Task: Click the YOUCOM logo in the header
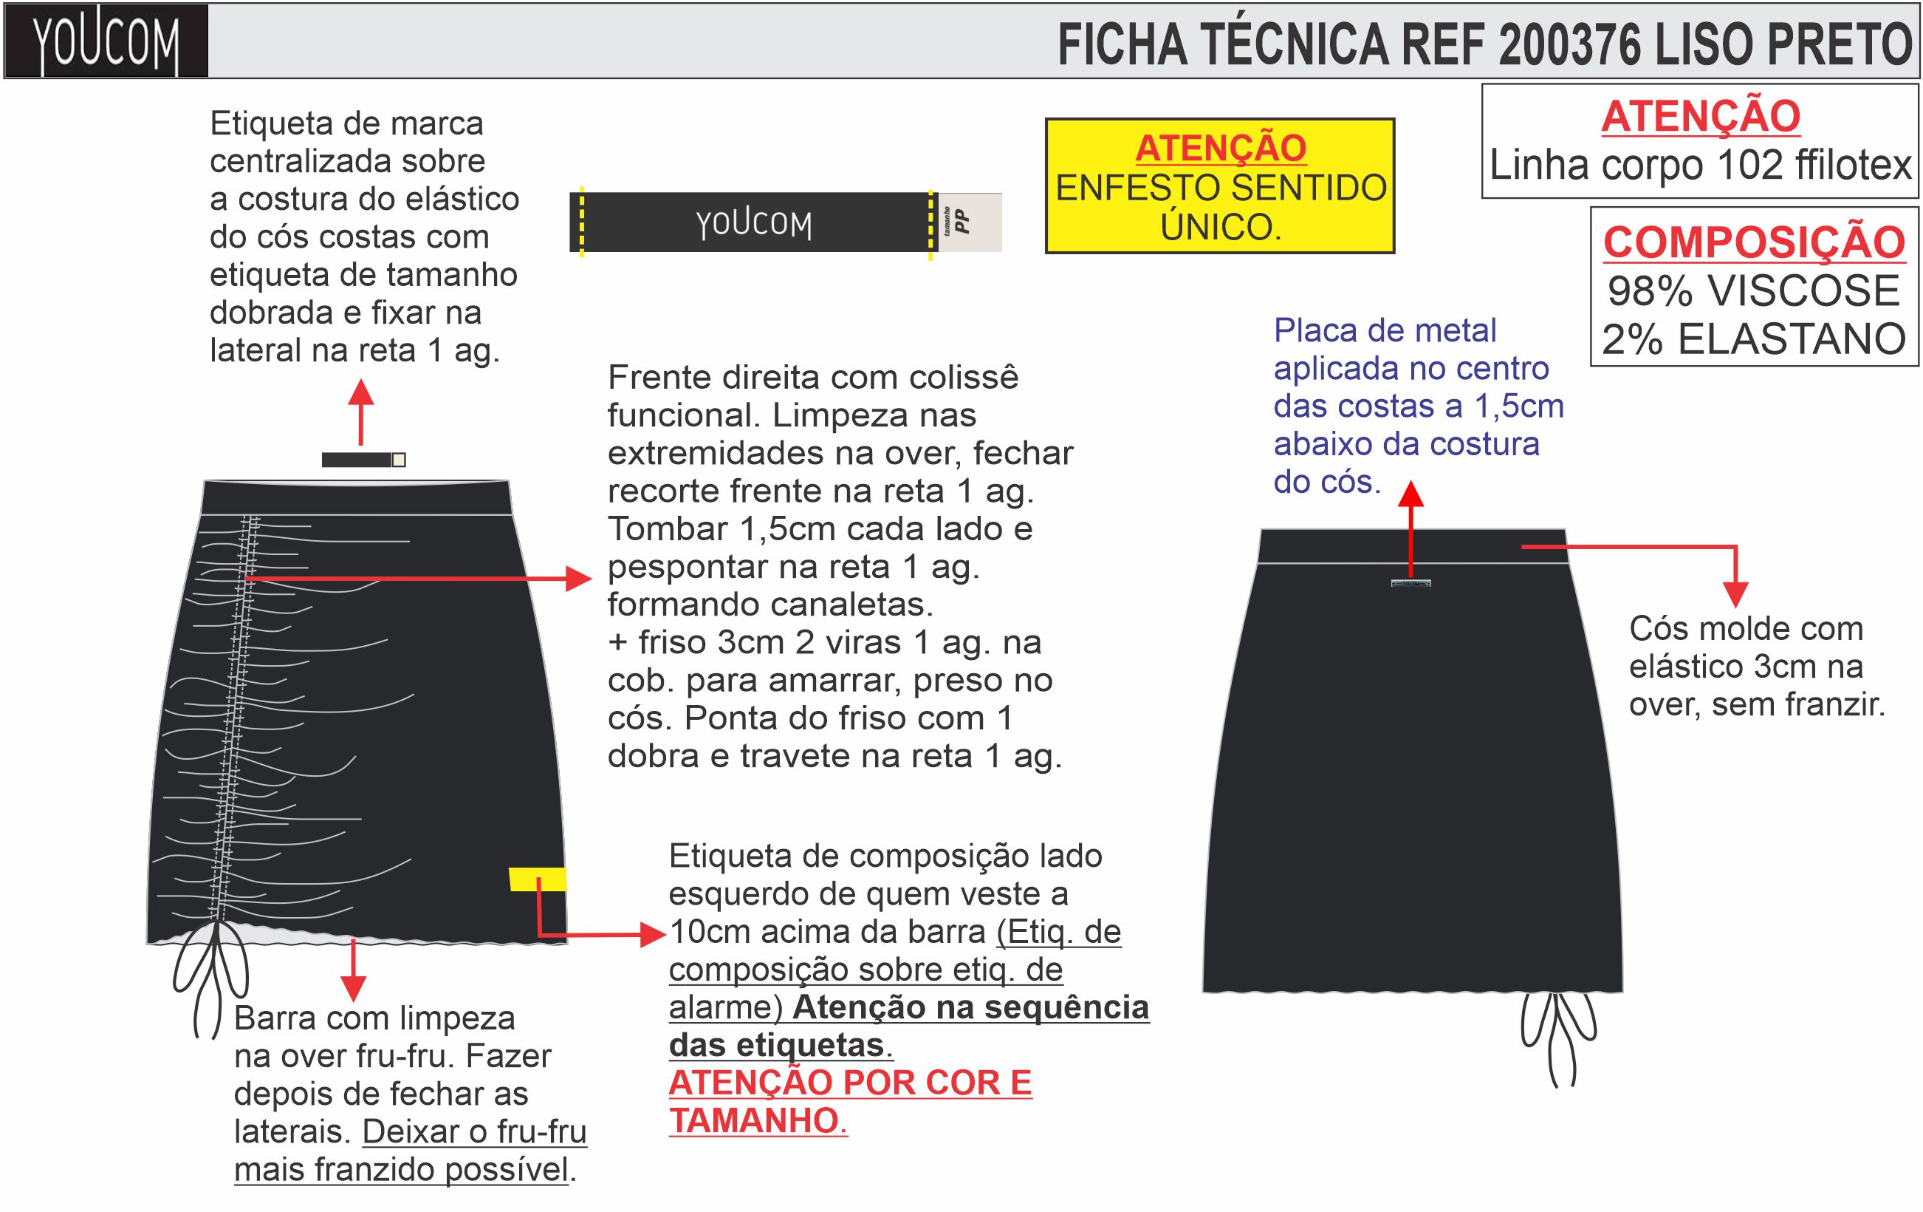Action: tap(106, 41)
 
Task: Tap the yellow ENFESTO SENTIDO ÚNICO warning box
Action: tap(1219, 187)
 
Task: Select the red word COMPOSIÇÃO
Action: tap(1754, 242)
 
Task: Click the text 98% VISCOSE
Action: tap(1753, 291)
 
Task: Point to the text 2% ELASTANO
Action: tap(1754, 339)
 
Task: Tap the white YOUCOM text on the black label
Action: tap(753, 224)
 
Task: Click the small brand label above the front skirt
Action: tap(363, 460)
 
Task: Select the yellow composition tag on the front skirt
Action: tap(537, 879)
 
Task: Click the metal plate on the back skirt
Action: tap(1410, 583)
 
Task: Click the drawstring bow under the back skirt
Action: tap(1558, 1035)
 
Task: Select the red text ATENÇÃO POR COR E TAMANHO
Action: tap(850, 1102)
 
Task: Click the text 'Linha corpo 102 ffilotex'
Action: tap(1700, 166)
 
